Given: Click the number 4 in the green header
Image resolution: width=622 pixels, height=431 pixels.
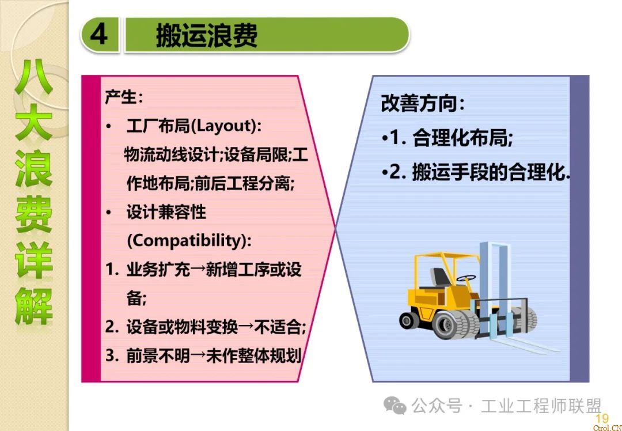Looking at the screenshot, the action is [99, 35].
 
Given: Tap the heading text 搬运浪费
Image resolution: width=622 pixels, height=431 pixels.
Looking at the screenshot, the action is [207, 35].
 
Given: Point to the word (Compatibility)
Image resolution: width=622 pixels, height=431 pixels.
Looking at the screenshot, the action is [189, 240].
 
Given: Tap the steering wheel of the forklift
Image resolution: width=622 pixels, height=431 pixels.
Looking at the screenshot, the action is [466, 278].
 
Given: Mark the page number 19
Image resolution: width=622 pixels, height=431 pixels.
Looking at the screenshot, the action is [601, 418].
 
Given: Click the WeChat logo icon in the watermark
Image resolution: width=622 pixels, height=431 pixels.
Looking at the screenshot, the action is [395, 405].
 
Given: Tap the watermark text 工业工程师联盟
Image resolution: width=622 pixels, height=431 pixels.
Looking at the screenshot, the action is [541, 406].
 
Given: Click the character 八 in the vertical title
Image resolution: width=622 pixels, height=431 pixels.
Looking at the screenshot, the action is [34, 77].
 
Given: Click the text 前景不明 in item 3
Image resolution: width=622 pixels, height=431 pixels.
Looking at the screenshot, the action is [158, 356].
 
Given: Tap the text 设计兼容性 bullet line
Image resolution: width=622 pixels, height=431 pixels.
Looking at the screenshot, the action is [166, 211].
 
